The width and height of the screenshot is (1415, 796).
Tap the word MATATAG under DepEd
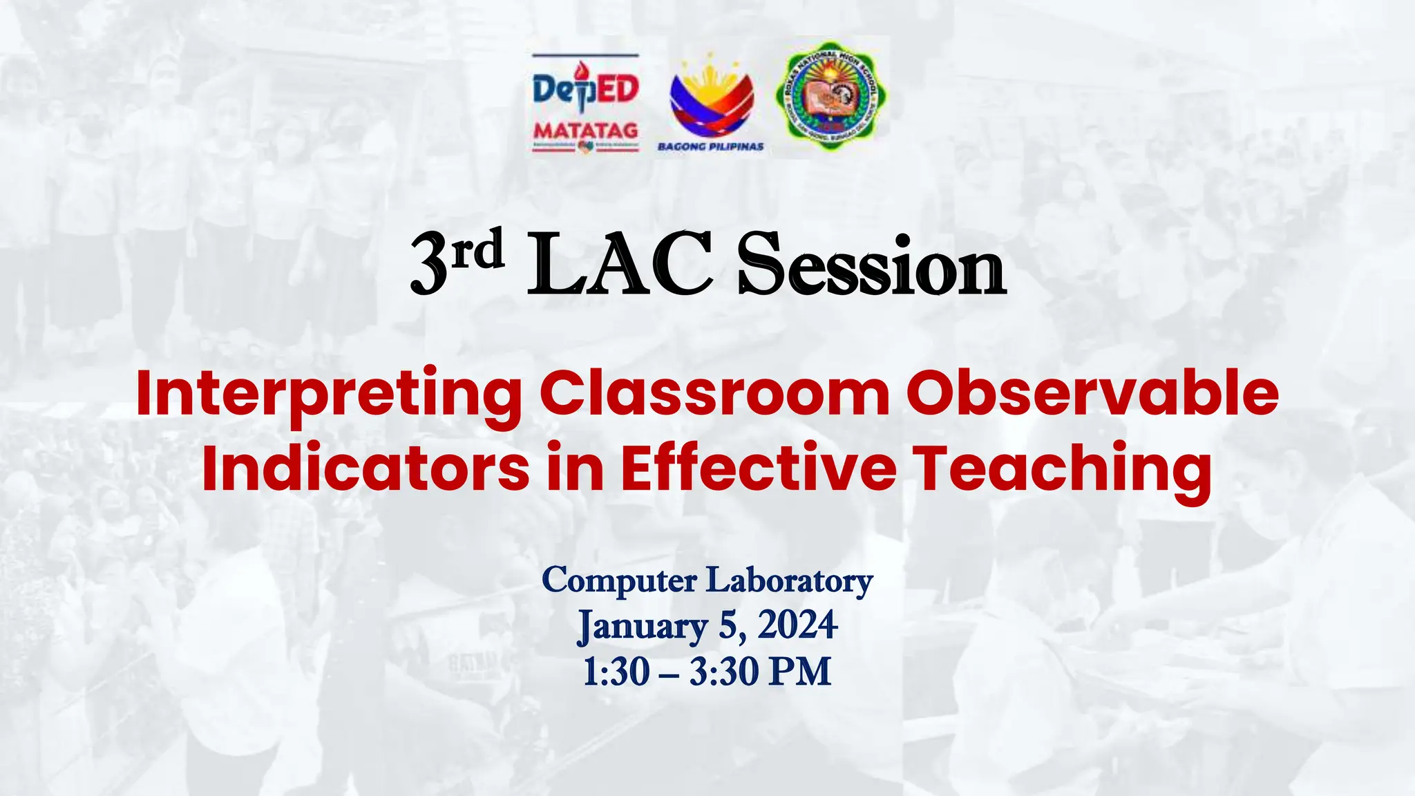(x=586, y=131)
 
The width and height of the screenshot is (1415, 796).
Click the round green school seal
(x=830, y=95)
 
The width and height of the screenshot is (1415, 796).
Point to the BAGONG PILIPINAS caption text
(x=711, y=146)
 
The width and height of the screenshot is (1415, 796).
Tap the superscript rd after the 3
(x=478, y=250)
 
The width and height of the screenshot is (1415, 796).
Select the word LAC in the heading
(x=620, y=265)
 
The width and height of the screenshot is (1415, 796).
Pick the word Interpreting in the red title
(x=329, y=395)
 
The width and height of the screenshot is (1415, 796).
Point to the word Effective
(x=758, y=468)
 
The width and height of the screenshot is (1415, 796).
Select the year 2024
(x=798, y=625)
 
